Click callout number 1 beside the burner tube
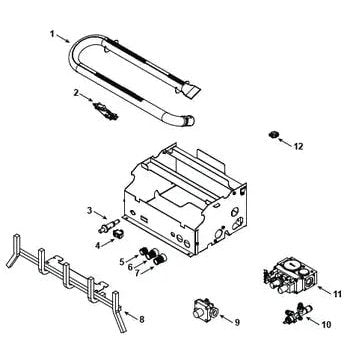52,34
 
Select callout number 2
76,93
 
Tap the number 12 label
299,146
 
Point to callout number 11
337,294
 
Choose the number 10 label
327,324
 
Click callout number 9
237,322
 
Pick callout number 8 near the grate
142,319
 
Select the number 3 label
89,211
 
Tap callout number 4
97,246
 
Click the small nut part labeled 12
273,135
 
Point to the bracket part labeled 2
106,111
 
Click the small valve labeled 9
204,310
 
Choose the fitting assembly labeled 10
297,313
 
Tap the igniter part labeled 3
109,226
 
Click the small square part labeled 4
118,234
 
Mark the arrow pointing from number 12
285,143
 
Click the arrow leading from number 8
131,316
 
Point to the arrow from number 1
63,38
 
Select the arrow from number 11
325,290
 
